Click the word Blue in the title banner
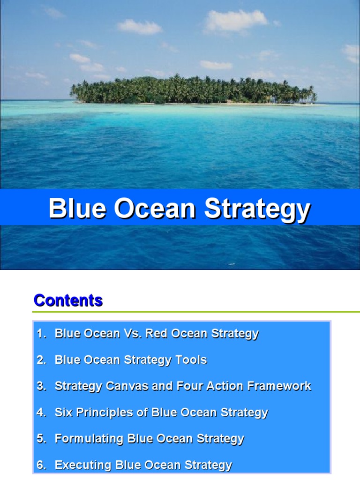tap(78, 209)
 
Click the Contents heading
tap(68, 300)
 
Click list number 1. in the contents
tap(42, 334)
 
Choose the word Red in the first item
tap(156, 334)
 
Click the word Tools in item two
tap(191, 360)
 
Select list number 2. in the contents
tap(42, 360)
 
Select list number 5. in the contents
tap(42, 439)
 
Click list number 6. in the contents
tap(42, 465)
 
